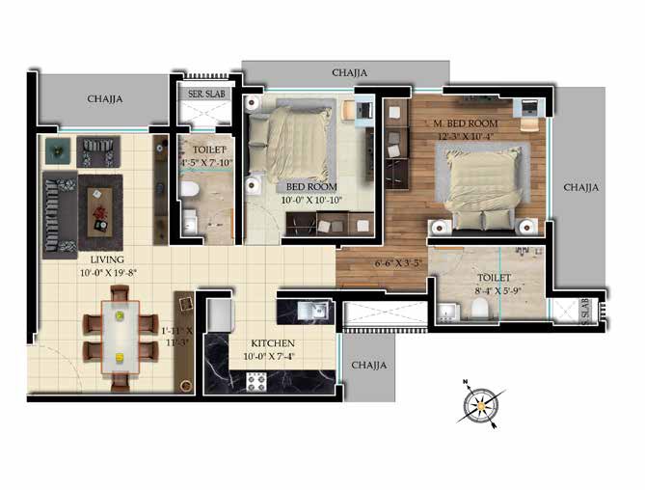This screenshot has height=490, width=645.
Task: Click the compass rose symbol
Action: (x=481, y=405)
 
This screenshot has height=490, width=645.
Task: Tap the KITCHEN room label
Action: (x=273, y=343)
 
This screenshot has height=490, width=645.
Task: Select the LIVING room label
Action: (x=107, y=259)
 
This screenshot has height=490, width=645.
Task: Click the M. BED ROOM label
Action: (x=466, y=123)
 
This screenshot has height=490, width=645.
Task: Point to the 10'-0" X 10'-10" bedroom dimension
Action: (x=311, y=200)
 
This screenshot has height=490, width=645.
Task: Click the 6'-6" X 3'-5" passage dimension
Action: (x=398, y=263)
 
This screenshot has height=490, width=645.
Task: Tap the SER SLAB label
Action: (x=206, y=94)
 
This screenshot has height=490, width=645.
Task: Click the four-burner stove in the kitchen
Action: (x=256, y=382)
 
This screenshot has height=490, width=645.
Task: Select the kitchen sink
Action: (x=312, y=311)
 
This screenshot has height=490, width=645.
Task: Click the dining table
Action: (x=121, y=337)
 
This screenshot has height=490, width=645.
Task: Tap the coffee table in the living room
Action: (x=99, y=212)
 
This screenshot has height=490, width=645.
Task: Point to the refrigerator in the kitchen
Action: (x=219, y=315)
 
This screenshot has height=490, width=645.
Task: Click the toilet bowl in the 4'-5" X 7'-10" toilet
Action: (x=190, y=189)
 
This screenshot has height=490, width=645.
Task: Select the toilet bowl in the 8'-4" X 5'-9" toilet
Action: (x=479, y=308)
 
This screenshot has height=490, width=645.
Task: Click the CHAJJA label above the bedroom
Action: (x=349, y=72)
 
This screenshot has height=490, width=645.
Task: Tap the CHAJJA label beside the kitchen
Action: (x=369, y=365)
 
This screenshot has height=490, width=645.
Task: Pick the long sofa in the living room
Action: (x=60, y=214)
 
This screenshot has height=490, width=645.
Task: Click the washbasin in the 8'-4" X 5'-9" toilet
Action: (x=447, y=311)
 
